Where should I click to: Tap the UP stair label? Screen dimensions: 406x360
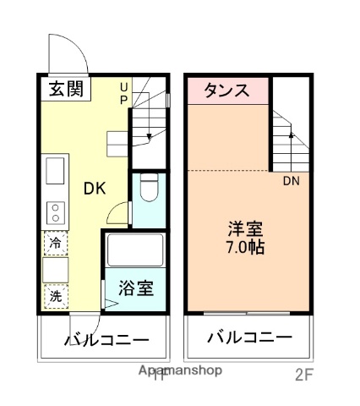[x=124, y=92]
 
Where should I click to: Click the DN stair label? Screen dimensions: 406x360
[x=290, y=180]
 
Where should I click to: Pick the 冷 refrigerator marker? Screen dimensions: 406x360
[x=55, y=243]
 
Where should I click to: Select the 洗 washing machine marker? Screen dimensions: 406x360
[x=55, y=297]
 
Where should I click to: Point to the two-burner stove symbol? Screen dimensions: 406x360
[x=56, y=210]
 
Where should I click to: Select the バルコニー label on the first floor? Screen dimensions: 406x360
[x=107, y=340]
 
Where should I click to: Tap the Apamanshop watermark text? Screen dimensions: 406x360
[x=180, y=370]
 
